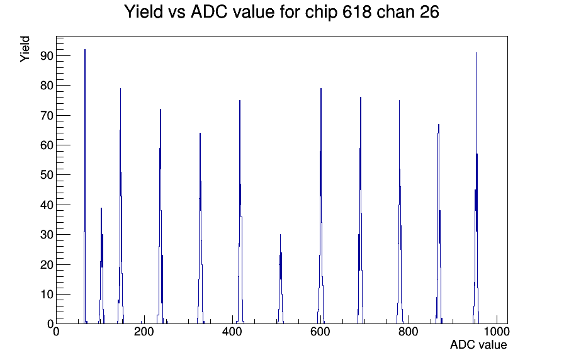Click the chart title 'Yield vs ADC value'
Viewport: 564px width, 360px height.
(x=200, y=12)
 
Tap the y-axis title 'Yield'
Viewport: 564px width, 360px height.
(x=25, y=49)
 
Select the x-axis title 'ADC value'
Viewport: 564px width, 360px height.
(x=478, y=344)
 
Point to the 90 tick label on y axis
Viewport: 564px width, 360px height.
(x=47, y=56)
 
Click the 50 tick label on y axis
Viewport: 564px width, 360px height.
(x=47, y=175)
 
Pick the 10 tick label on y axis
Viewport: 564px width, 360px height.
(x=47, y=295)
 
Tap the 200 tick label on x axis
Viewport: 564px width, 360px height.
(x=144, y=332)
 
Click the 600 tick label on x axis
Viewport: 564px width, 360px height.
(x=320, y=332)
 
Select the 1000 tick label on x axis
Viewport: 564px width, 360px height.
(x=497, y=332)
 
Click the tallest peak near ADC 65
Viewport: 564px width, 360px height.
(x=85, y=187)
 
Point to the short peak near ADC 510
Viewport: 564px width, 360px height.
(x=281, y=279)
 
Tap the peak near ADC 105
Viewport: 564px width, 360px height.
(x=101, y=266)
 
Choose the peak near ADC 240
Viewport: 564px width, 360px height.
(x=161, y=216)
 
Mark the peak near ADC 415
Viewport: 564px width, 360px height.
(x=240, y=212)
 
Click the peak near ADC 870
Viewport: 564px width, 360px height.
(x=439, y=223)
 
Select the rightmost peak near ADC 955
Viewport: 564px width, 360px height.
(x=477, y=187)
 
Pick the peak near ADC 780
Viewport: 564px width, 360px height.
(x=400, y=212)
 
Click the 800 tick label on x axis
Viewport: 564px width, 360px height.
(x=409, y=332)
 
